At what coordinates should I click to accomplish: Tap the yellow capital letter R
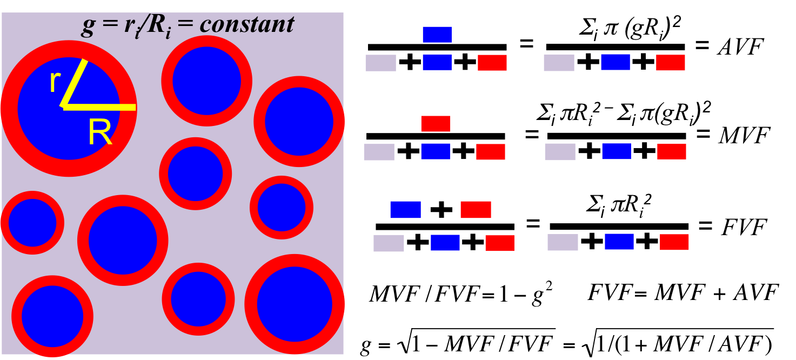(99, 132)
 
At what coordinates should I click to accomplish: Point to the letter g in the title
(88, 26)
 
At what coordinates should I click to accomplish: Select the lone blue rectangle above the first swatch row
(437, 35)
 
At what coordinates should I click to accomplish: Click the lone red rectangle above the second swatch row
(436, 124)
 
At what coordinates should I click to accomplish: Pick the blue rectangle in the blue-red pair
(405, 210)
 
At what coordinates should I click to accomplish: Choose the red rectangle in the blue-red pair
(476, 210)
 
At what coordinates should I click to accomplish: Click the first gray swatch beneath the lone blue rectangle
(380, 63)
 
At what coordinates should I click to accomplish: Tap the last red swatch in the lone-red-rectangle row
(671, 152)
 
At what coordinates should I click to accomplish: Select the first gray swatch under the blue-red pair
(389, 243)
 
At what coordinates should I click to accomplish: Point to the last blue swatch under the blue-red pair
(619, 242)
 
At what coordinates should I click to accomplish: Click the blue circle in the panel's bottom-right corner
(295, 304)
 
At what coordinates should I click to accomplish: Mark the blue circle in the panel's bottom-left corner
(52, 316)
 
